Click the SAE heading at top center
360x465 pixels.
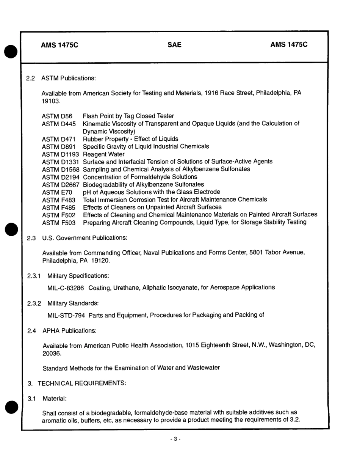coord(174,45)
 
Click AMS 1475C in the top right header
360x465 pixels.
coord(289,45)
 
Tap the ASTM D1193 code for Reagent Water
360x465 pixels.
coord(61,154)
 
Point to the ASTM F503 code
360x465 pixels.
coord(59,223)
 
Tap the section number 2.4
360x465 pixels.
coord(31,331)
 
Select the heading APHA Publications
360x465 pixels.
coord(69,331)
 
